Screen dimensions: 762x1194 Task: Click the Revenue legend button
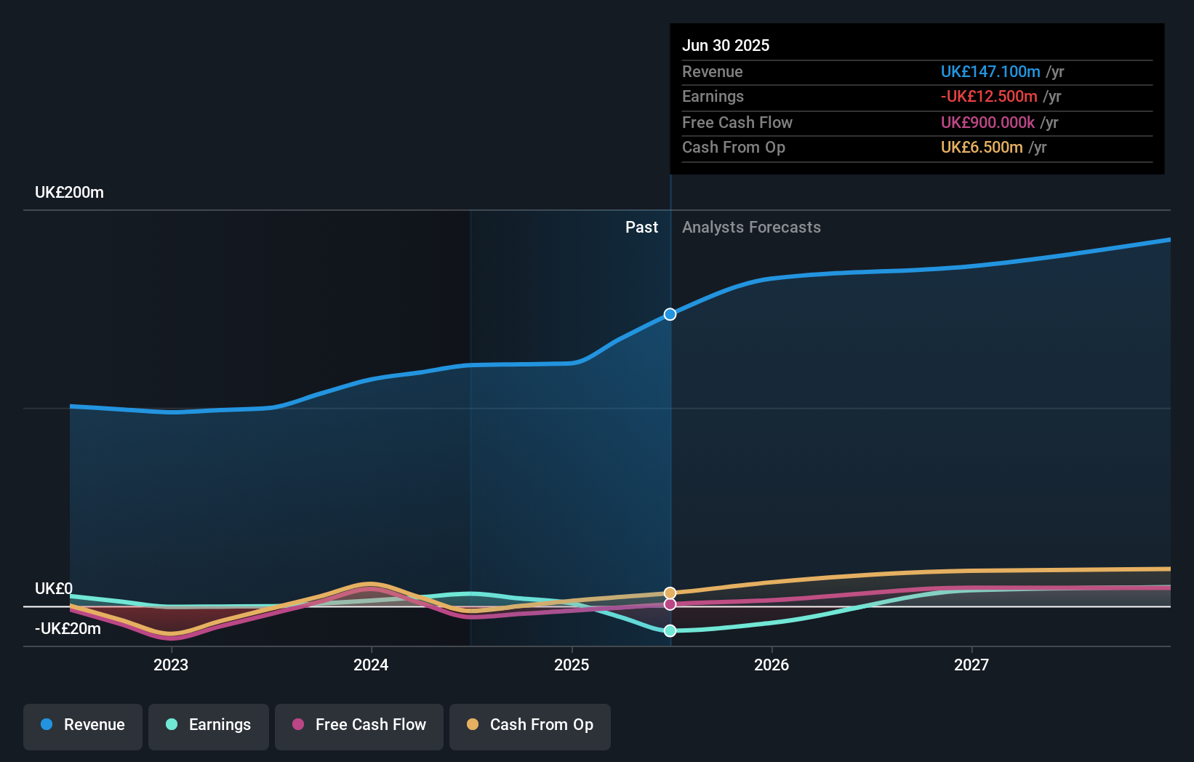click(x=83, y=725)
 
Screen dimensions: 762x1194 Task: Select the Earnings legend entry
click(x=209, y=725)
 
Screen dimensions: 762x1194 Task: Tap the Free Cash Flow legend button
click(x=359, y=725)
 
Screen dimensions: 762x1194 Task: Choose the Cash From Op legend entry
click(x=530, y=725)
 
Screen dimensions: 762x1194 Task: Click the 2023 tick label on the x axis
click(x=171, y=665)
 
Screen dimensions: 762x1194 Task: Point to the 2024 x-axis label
click(x=371, y=665)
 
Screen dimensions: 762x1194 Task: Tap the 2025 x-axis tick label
click(x=572, y=665)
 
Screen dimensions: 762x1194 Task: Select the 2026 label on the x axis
click(x=772, y=665)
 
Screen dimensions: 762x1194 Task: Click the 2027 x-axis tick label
click(x=971, y=665)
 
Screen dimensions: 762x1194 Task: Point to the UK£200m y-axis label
click(x=69, y=193)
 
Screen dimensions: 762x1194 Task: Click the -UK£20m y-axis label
click(x=68, y=629)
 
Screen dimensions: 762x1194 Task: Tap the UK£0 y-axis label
click(x=54, y=588)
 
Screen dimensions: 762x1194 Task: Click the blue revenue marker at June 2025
click(x=670, y=314)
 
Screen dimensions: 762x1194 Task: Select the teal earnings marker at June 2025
click(x=670, y=630)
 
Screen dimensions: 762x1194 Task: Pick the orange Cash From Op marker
click(x=670, y=593)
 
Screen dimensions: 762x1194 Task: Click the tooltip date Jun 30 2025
click(x=726, y=45)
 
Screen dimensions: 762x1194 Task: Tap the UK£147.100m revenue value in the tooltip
click(x=990, y=71)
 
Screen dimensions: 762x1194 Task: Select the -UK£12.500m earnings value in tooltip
click(x=989, y=96)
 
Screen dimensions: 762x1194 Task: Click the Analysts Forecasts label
click(x=751, y=228)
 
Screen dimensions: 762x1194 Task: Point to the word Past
click(x=641, y=228)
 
